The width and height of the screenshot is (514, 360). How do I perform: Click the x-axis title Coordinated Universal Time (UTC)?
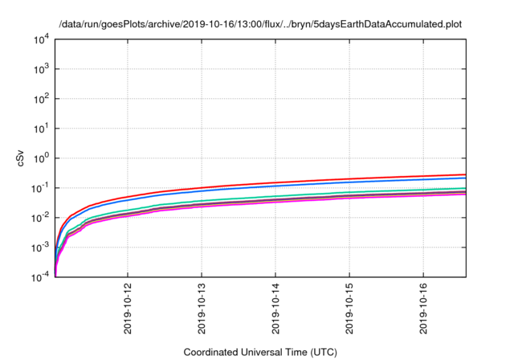[260, 352]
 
